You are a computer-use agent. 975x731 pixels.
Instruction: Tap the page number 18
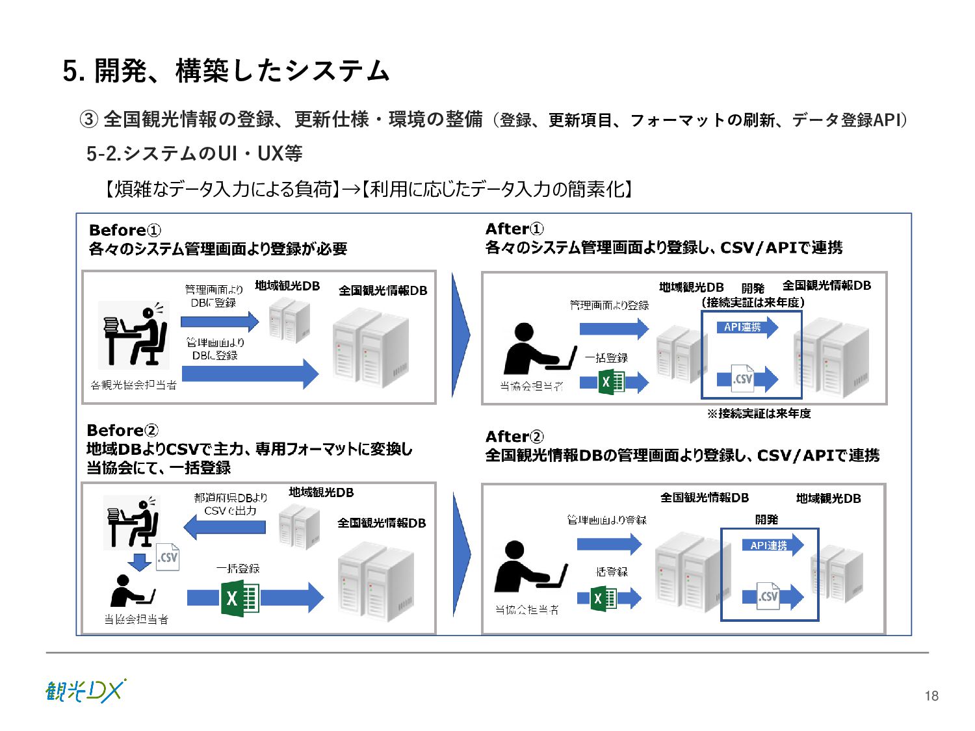(931, 696)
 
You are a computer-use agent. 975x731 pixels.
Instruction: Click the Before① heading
(125, 230)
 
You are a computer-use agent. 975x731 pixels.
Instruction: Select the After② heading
(514, 437)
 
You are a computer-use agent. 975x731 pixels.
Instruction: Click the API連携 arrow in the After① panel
(747, 327)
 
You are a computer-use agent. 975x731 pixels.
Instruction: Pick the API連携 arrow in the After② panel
(772, 545)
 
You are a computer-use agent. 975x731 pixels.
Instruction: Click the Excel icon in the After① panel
(611, 381)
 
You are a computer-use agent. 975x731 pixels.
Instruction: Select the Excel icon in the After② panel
(603, 598)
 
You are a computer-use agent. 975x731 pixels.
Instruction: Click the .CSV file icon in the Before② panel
(168, 558)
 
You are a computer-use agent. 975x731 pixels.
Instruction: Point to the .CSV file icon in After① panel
(743, 378)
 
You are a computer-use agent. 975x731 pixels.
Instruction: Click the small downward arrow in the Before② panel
(139, 561)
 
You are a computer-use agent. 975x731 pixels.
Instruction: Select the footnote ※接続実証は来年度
(759, 413)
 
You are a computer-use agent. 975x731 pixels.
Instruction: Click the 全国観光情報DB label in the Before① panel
(383, 290)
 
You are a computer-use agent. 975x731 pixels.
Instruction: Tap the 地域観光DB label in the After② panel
(828, 498)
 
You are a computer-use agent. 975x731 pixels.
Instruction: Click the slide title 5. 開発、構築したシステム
(226, 71)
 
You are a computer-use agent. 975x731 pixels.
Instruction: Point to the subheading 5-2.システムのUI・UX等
(194, 153)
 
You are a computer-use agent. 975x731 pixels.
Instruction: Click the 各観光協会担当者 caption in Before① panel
(133, 385)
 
